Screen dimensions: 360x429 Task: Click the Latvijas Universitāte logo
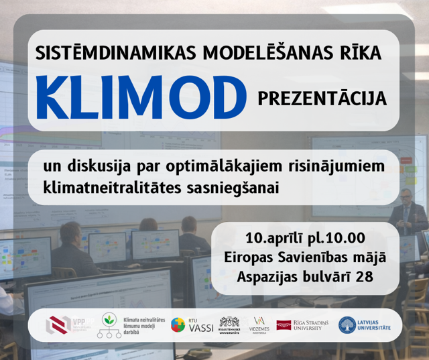pos(365,325)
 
